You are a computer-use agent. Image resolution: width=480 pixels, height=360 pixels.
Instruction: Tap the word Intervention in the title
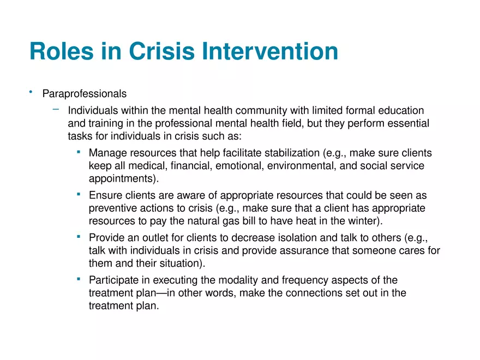pyautogui.click(x=270, y=51)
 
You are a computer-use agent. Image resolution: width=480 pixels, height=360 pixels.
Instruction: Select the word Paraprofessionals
pyautogui.click(x=85, y=94)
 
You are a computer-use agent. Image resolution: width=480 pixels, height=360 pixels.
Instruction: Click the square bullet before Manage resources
pyautogui.click(x=79, y=152)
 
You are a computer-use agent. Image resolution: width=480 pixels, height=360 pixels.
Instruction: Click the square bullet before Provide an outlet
pyautogui.click(x=79, y=237)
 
